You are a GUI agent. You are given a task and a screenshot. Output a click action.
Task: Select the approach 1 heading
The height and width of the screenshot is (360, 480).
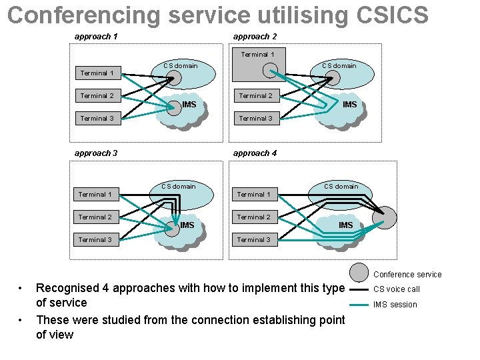96,37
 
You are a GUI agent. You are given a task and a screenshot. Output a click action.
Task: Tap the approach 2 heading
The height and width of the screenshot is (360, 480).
255,37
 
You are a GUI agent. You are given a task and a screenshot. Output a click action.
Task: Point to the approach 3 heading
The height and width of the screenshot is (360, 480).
96,153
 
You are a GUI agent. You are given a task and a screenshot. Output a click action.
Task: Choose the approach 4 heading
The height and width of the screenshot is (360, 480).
255,153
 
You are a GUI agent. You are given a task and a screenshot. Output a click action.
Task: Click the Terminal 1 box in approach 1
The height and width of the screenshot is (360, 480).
96,73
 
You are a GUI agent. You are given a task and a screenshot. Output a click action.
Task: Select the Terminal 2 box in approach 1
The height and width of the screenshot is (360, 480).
96,96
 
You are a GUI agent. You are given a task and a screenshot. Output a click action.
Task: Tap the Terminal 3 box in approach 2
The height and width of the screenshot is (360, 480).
255,119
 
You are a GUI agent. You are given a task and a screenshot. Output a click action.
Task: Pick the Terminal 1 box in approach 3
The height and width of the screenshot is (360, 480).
95,195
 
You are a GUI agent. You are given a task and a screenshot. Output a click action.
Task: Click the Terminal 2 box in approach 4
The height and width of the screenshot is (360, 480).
254,217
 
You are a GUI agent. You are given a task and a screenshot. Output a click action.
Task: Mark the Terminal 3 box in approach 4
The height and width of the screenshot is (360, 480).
254,240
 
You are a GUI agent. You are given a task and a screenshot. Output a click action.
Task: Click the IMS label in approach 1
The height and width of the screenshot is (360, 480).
189,105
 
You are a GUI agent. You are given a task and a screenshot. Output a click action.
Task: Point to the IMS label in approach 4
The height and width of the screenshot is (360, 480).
345,225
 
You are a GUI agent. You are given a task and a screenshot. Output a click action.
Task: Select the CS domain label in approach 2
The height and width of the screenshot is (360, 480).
339,65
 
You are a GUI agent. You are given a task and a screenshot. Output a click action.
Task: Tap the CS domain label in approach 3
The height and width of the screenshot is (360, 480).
179,186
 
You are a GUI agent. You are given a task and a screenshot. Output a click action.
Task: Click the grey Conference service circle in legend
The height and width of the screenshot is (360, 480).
359,272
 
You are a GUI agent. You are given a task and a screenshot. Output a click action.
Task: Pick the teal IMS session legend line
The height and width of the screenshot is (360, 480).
359,305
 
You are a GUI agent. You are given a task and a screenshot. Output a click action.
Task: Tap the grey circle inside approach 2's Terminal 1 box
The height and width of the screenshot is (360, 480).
270,69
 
